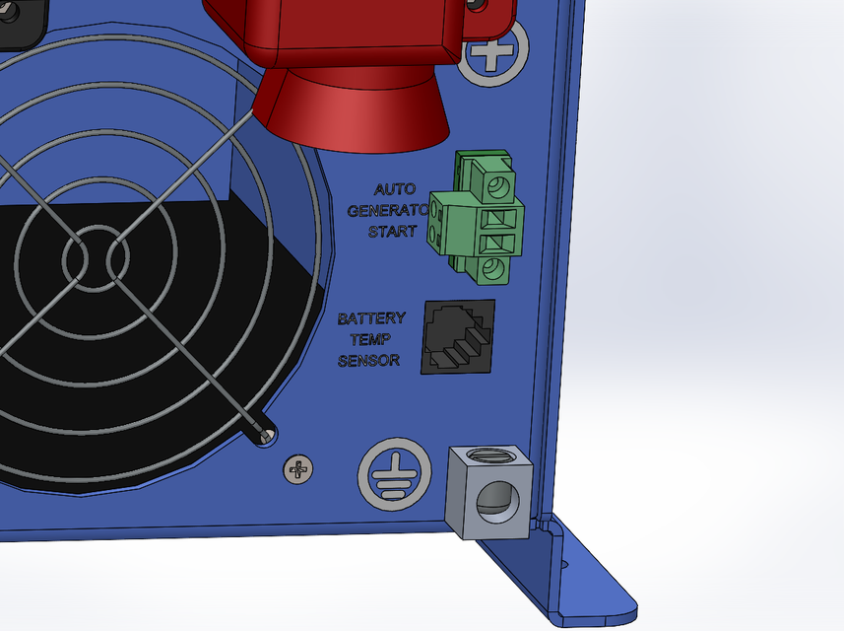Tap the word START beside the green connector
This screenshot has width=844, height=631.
(x=392, y=232)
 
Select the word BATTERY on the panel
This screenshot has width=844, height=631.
(x=371, y=318)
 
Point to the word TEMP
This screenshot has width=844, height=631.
(x=371, y=339)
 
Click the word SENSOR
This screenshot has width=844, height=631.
(x=368, y=361)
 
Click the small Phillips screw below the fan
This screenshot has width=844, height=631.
(x=295, y=469)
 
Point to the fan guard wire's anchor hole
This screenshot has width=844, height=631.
(x=264, y=434)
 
